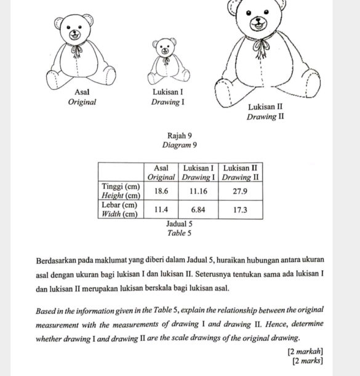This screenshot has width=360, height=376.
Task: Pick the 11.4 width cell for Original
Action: pos(161,209)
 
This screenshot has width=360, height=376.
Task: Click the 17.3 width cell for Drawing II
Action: pos(241,209)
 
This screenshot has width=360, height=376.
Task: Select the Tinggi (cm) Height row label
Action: pos(121,190)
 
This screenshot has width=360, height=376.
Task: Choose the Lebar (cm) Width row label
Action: pos(121,209)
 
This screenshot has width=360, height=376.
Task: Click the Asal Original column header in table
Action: pos(161,172)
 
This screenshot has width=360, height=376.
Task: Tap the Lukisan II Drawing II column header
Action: pos(241,172)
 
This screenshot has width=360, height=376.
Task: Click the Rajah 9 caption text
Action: pos(180,135)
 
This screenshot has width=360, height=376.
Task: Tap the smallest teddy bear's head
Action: pos(165,48)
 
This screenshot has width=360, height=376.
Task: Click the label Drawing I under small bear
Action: pos(168,102)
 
